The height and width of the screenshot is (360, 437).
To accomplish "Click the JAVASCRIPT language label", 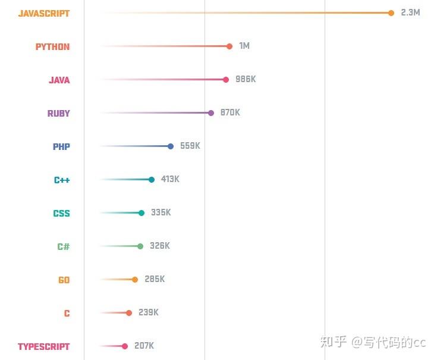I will tap(44, 13).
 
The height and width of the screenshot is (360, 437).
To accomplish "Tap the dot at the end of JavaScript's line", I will tap(391, 13).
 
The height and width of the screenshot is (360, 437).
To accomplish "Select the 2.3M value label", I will tap(410, 12).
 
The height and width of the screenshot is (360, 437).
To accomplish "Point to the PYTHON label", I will tap(52, 46).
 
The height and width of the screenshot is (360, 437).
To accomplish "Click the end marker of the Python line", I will tap(229, 46).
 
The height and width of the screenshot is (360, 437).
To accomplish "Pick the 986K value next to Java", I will tap(246, 79).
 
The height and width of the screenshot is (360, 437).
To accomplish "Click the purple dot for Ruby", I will tap(211, 113).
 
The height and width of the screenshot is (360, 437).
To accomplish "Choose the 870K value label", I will tap(230, 112).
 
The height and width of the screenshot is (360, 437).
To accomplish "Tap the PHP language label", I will tap(61, 146).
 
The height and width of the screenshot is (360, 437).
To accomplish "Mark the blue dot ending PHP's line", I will tap(171, 146).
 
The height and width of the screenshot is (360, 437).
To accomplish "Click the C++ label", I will tap(62, 180).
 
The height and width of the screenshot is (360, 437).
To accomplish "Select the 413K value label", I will tap(170, 179).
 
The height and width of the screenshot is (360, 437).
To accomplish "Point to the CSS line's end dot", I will tap(142, 213).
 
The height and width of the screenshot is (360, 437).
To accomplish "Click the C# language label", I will tap(64, 246).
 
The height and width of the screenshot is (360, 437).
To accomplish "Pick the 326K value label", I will tap(159, 246).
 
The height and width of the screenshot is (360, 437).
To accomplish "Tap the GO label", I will tap(64, 280).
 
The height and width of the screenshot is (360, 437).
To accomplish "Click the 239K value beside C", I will tap(149, 312).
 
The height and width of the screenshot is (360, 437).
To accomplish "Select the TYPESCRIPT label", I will tap(43, 346).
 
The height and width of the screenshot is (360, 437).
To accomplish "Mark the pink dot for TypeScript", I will tap(125, 346).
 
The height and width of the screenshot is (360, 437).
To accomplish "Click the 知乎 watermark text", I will tap(333, 342).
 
